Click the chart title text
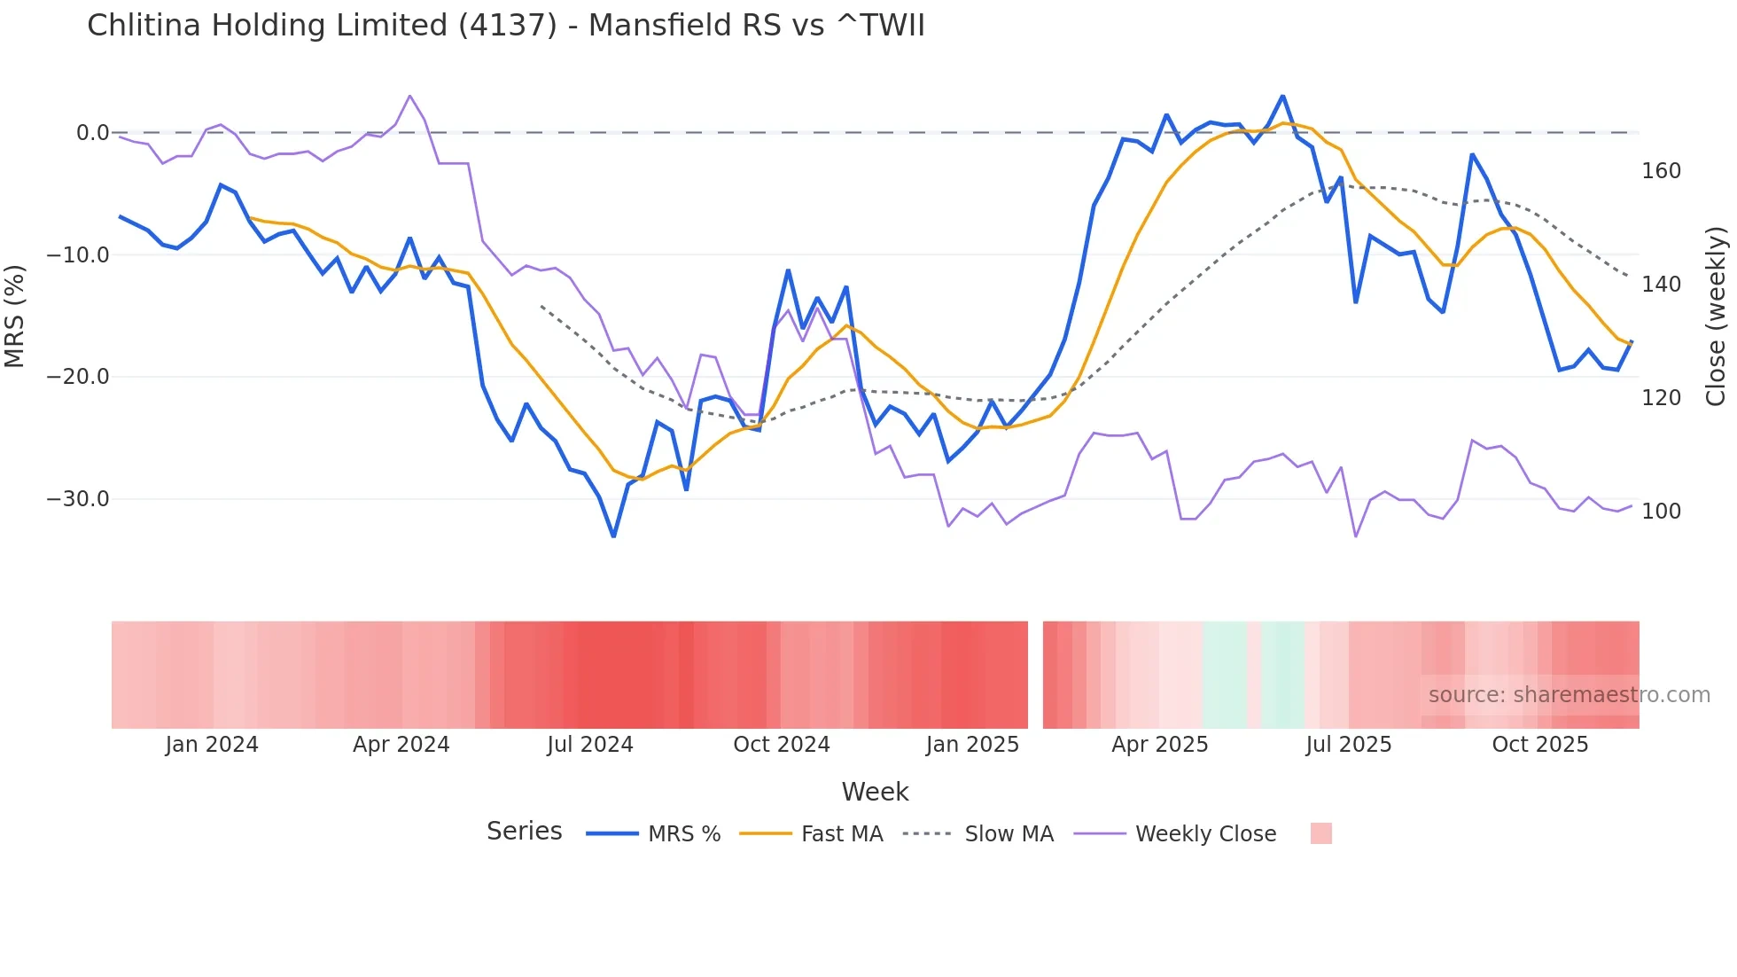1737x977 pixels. (505, 26)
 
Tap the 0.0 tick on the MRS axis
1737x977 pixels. (92, 133)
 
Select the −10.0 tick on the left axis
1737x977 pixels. (78, 255)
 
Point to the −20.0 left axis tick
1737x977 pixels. (78, 377)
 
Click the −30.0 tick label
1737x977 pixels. (78, 499)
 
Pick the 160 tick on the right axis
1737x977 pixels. (1661, 171)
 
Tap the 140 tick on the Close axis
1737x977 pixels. (1661, 285)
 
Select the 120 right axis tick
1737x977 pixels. (1661, 398)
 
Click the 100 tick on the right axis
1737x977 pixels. (1661, 512)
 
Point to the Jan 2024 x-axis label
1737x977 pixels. (212, 745)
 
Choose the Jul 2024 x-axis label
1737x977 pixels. (590, 745)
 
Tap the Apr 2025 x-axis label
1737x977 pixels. (1160, 745)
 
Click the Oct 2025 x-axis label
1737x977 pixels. (1540, 745)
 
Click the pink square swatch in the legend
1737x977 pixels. (1321, 833)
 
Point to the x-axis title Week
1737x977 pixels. (875, 792)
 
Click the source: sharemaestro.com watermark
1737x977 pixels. (1569, 695)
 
